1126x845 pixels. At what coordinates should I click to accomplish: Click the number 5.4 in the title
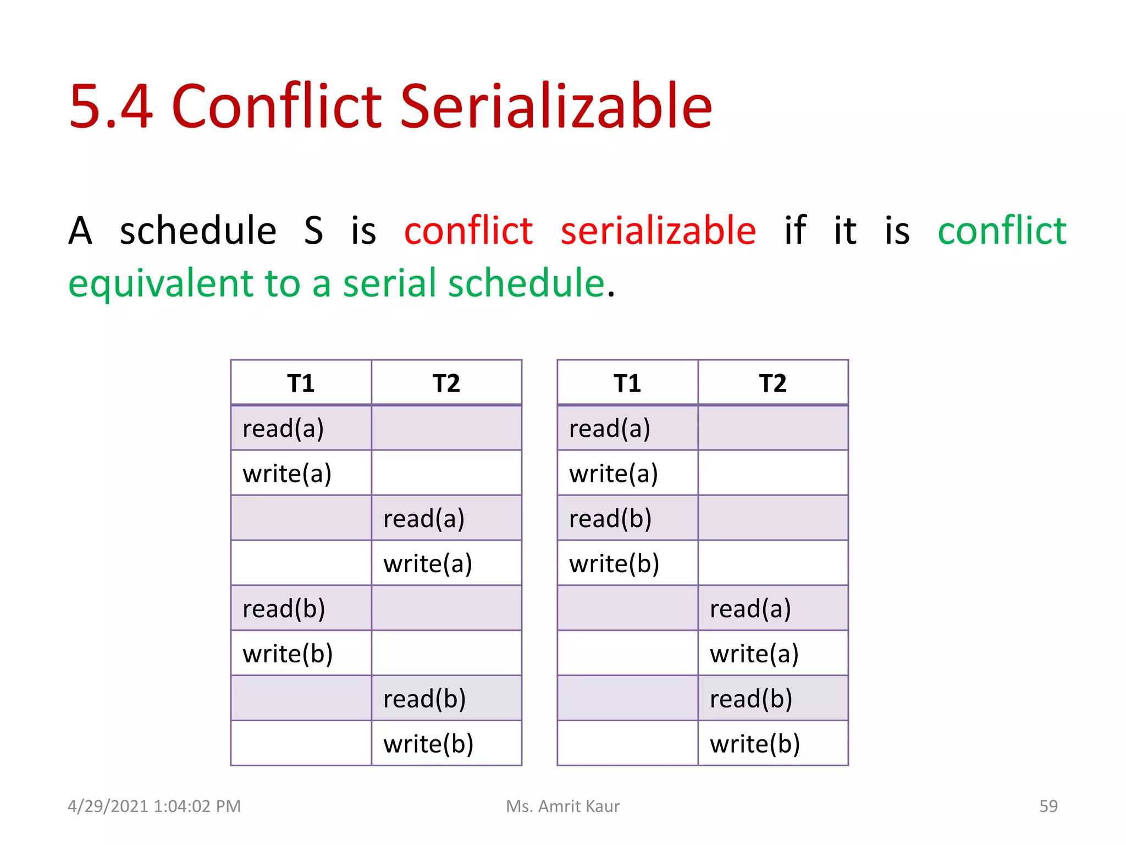pyautogui.click(x=111, y=106)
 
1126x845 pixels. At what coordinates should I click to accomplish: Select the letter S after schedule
pyautogui.click(x=313, y=231)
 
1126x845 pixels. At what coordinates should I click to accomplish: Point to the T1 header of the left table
pyautogui.click(x=301, y=383)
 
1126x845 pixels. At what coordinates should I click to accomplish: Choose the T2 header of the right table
pyautogui.click(x=772, y=383)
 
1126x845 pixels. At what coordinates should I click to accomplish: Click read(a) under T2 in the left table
pyautogui.click(x=424, y=519)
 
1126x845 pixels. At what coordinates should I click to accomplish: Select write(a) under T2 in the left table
pyautogui.click(x=428, y=564)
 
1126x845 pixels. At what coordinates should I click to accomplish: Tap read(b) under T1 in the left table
pyautogui.click(x=284, y=609)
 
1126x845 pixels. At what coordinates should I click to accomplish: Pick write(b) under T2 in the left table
pyautogui.click(x=428, y=744)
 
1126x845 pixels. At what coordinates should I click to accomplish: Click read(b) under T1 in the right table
pyautogui.click(x=610, y=519)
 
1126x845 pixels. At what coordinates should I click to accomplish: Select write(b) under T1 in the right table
pyautogui.click(x=614, y=564)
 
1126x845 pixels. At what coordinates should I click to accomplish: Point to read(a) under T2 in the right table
pyautogui.click(x=750, y=609)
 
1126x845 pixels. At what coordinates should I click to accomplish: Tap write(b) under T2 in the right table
pyautogui.click(x=755, y=744)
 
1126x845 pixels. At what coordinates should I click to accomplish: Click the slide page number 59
pyautogui.click(x=1048, y=806)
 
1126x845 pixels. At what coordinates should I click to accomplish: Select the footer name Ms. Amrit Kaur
pyautogui.click(x=562, y=806)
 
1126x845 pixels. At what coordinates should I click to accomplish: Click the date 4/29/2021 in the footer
pyautogui.click(x=108, y=806)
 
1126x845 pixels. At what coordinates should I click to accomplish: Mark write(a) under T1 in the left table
pyautogui.click(x=287, y=474)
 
